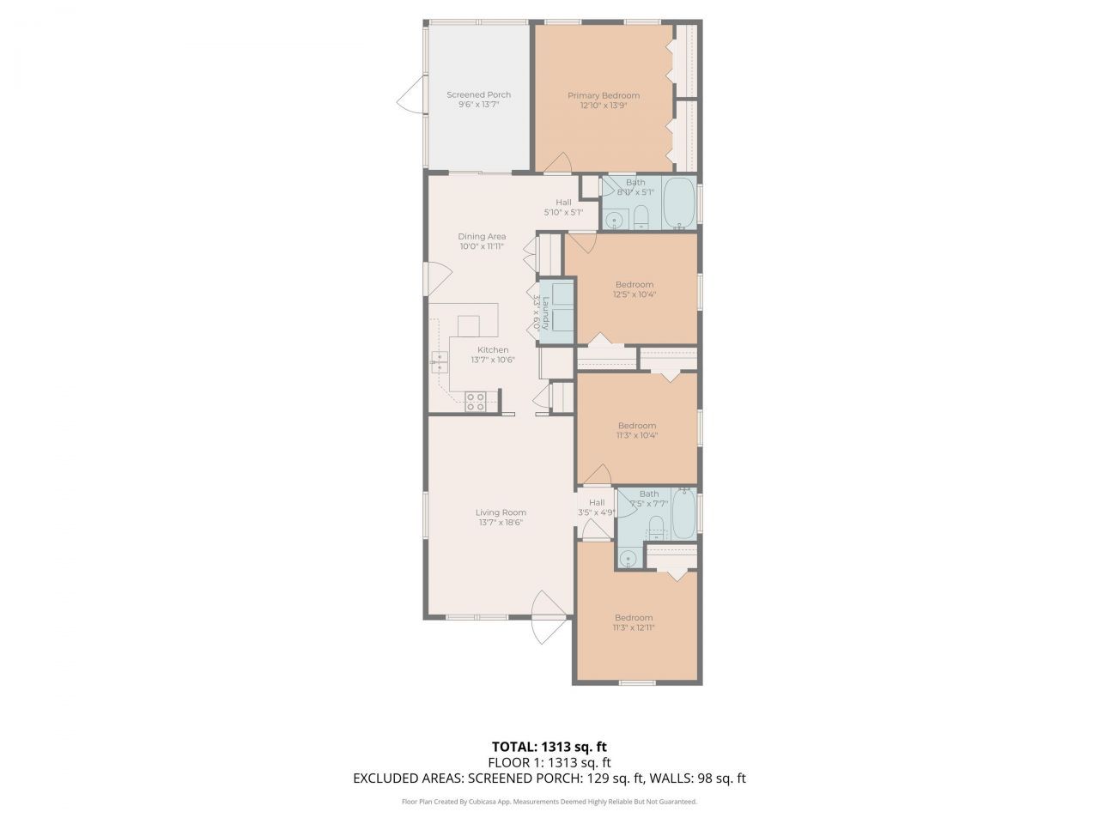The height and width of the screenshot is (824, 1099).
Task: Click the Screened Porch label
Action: (x=478, y=94)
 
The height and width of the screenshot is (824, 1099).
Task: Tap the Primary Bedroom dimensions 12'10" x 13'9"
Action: (x=603, y=106)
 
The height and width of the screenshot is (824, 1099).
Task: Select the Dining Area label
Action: (x=481, y=236)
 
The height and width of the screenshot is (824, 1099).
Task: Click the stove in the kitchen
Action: (x=476, y=401)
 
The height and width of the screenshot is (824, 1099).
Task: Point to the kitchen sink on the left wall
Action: (x=440, y=363)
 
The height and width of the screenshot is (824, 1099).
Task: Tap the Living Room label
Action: (x=501, y=512)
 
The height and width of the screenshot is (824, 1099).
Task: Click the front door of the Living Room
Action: (x=545, y=618)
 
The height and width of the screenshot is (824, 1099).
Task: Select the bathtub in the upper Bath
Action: (x=680, y=203)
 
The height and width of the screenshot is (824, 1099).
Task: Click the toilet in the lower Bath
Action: (x=657, y=524)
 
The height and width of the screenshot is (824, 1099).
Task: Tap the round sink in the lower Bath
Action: (x=628, y=560)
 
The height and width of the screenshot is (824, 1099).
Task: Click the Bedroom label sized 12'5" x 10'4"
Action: (x=634, y=284)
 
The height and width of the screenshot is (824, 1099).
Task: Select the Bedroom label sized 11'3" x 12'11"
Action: (x=634, y=617)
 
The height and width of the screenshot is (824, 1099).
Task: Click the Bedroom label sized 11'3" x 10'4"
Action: (x=636, y=425)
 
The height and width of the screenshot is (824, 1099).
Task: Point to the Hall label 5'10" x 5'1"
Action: (x=563, y=202)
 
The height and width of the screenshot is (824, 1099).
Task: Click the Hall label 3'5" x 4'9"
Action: (x=596, y=502)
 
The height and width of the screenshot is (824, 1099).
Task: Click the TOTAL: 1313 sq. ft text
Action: (x=549, y=746)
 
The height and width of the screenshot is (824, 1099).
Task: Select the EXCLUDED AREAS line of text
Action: (x=549, y=779)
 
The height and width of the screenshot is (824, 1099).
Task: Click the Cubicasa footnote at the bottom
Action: (x=549, y=802)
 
